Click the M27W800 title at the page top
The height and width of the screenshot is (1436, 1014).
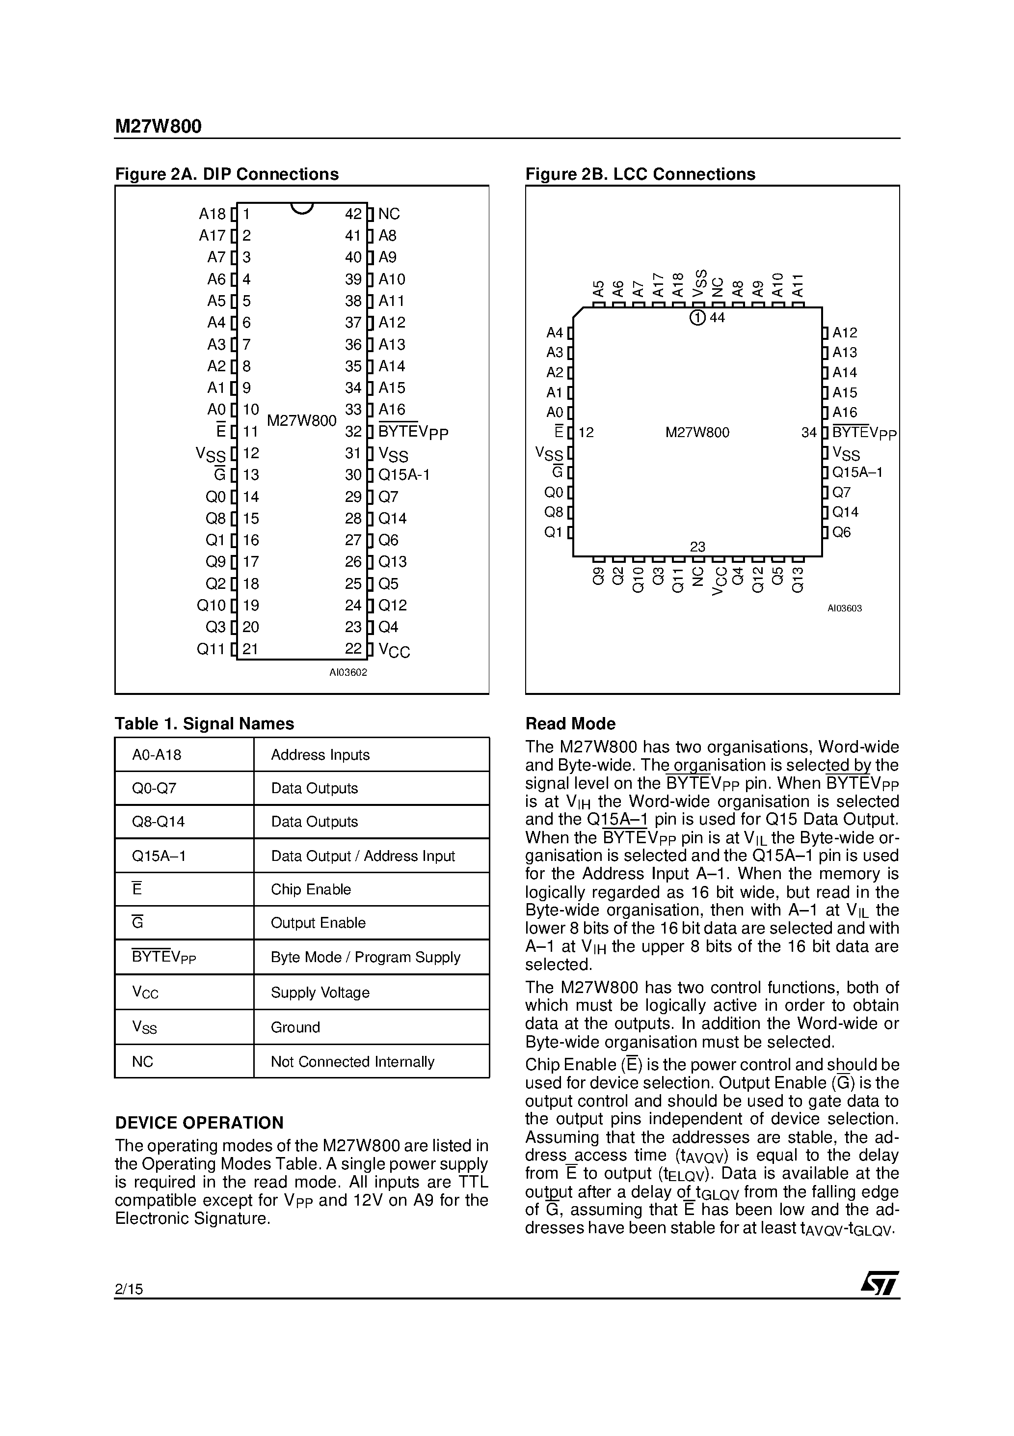tap(158, 126)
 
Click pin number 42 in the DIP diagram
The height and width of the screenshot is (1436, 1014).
tap(353, 214)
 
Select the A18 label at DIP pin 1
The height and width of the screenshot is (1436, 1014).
tap(212, 214)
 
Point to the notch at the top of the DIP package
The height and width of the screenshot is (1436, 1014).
tap(302, 208)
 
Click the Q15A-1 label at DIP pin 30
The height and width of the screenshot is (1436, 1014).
tap(404, 475)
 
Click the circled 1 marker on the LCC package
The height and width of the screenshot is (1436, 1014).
tap(697, 318)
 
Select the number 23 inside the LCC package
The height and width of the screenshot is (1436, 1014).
tap(697, 547)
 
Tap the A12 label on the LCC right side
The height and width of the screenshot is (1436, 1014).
tap(845, 333)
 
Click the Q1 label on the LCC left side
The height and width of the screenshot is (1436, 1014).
tap(553, 532)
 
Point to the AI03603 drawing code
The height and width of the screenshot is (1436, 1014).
tap(845, 608)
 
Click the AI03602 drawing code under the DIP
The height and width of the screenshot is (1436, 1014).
tap(348, 672)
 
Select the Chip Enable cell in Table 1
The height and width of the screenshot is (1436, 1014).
tap(311, 889)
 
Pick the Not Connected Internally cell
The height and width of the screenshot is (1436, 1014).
tap(352, 1061)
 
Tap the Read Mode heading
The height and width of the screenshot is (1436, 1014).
tap(570, 723)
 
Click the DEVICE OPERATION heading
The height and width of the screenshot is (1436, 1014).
tap(199, 1123)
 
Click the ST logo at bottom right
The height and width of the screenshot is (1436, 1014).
tap(880, 1285)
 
